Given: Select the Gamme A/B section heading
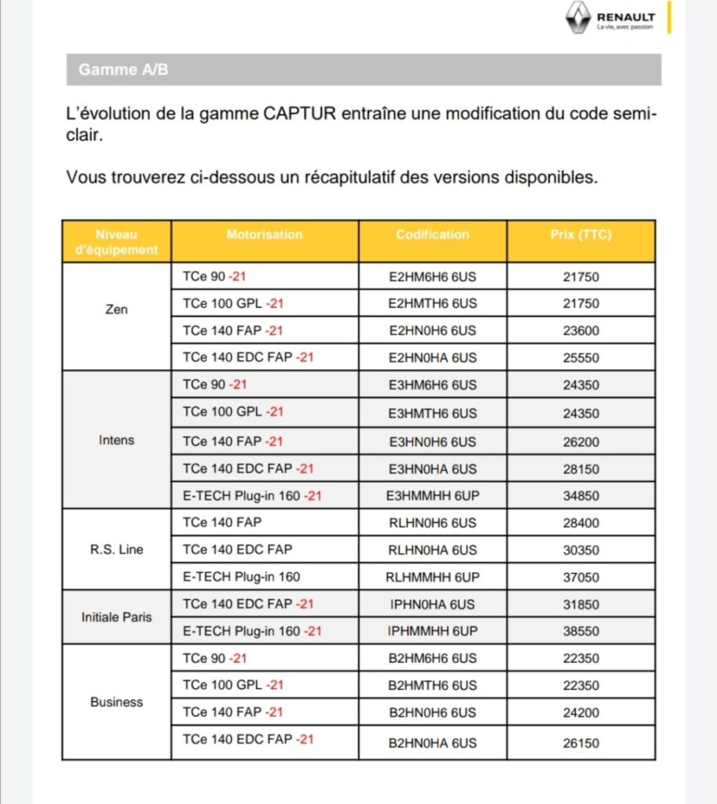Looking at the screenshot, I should [x=123, y=70].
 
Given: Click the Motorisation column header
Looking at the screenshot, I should [x=264, y=235].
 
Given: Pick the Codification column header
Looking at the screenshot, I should [x=433, y=235].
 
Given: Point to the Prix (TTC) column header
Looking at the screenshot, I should [x=580, y=235].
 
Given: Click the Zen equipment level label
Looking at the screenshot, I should [x=116, y=309].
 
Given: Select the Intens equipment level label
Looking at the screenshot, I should [x=116, y=440].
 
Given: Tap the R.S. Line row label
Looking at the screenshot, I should [x=116, y=550].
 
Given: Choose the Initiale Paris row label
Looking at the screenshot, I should [x=116, y=617].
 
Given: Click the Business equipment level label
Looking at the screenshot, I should [x=116, y=702].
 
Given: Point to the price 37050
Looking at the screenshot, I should [x=580, y=577].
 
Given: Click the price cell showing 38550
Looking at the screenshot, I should [x=580, y=631].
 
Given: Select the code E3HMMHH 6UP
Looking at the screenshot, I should [x=433, y=496].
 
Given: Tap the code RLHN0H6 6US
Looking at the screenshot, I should [x=433, y=523].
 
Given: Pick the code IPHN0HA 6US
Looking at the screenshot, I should [x=433, y=605].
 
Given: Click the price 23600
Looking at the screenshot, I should [x=580, y=331].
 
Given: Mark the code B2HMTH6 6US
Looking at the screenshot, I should [x=433, y=685].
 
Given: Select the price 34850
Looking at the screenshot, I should [x=580, y=496].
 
